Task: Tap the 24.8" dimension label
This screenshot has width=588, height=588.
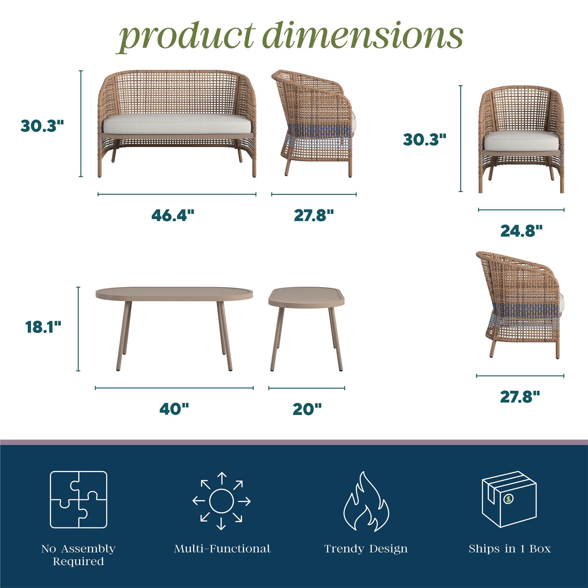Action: [522, 231]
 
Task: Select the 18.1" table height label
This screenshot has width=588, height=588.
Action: [44, 327]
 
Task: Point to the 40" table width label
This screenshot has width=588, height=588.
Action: [174, 409]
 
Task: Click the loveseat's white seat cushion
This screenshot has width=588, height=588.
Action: [178, 123]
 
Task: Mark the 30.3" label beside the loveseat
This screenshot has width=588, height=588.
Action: [43, 126]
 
